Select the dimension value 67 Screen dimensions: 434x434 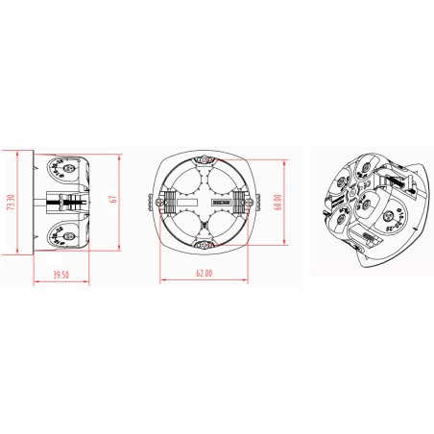[x=112, y=200]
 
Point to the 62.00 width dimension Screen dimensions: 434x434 [x=201, y=275]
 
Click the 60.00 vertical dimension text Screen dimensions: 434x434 [x=277, y=202]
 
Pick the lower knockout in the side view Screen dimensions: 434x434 [x=63, y=231]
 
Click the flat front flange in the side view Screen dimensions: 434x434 [x=36, y=202]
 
